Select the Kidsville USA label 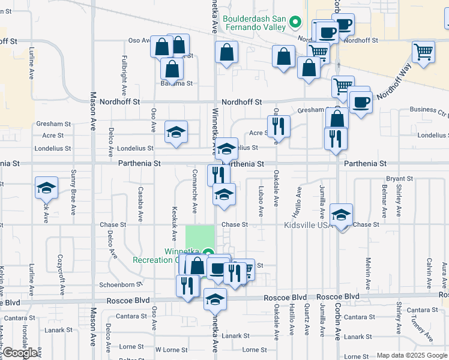coord(307,224)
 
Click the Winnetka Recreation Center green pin coord(208,253)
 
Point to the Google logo coord(20,353)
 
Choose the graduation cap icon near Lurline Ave coord(46,188)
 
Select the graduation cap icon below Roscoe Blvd coord(215,298)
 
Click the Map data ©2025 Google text coord(412,355)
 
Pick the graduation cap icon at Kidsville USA coord(341,214)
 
